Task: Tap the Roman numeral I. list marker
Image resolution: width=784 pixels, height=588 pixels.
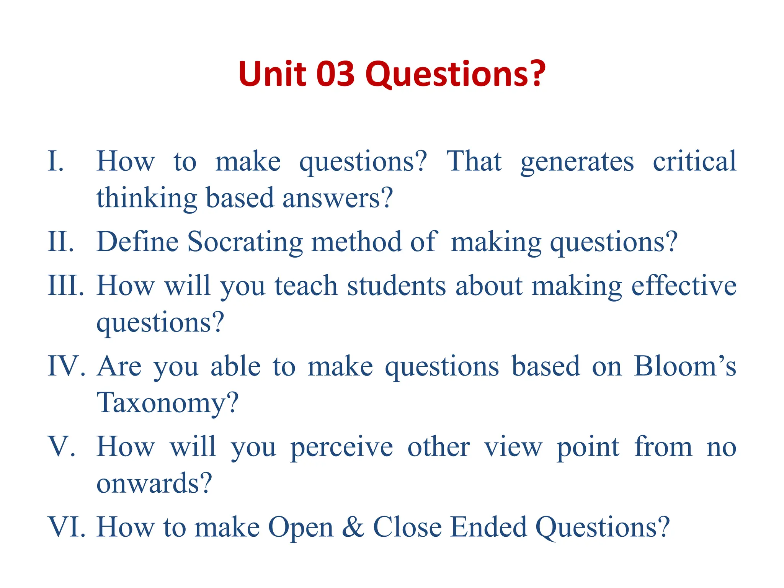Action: click(x=56, y=161)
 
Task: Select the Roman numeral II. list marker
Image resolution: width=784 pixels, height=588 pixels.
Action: click(x=60, y=242)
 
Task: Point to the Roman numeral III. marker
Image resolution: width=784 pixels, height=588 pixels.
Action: click(x=65, y=286)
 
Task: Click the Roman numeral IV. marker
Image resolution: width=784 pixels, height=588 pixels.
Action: click(x=66, y=366)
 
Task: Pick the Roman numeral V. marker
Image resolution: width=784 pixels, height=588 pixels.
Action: click(x=61, y=447)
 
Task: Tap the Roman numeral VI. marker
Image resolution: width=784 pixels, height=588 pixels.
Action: click(x=66, y=527)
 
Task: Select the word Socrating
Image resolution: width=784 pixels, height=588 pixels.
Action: click(x=245, y=243)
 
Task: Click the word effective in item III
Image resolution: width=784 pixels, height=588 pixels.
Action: click(x=684, y=286)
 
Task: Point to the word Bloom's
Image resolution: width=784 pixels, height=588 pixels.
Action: click(x=684, y=366)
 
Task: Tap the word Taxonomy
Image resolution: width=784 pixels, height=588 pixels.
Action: click(x=167, y=403)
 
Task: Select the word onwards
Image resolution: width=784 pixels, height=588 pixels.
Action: click(x=154, y=483)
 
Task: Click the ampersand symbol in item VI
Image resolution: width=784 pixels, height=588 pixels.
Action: click(x=353, y=527)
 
